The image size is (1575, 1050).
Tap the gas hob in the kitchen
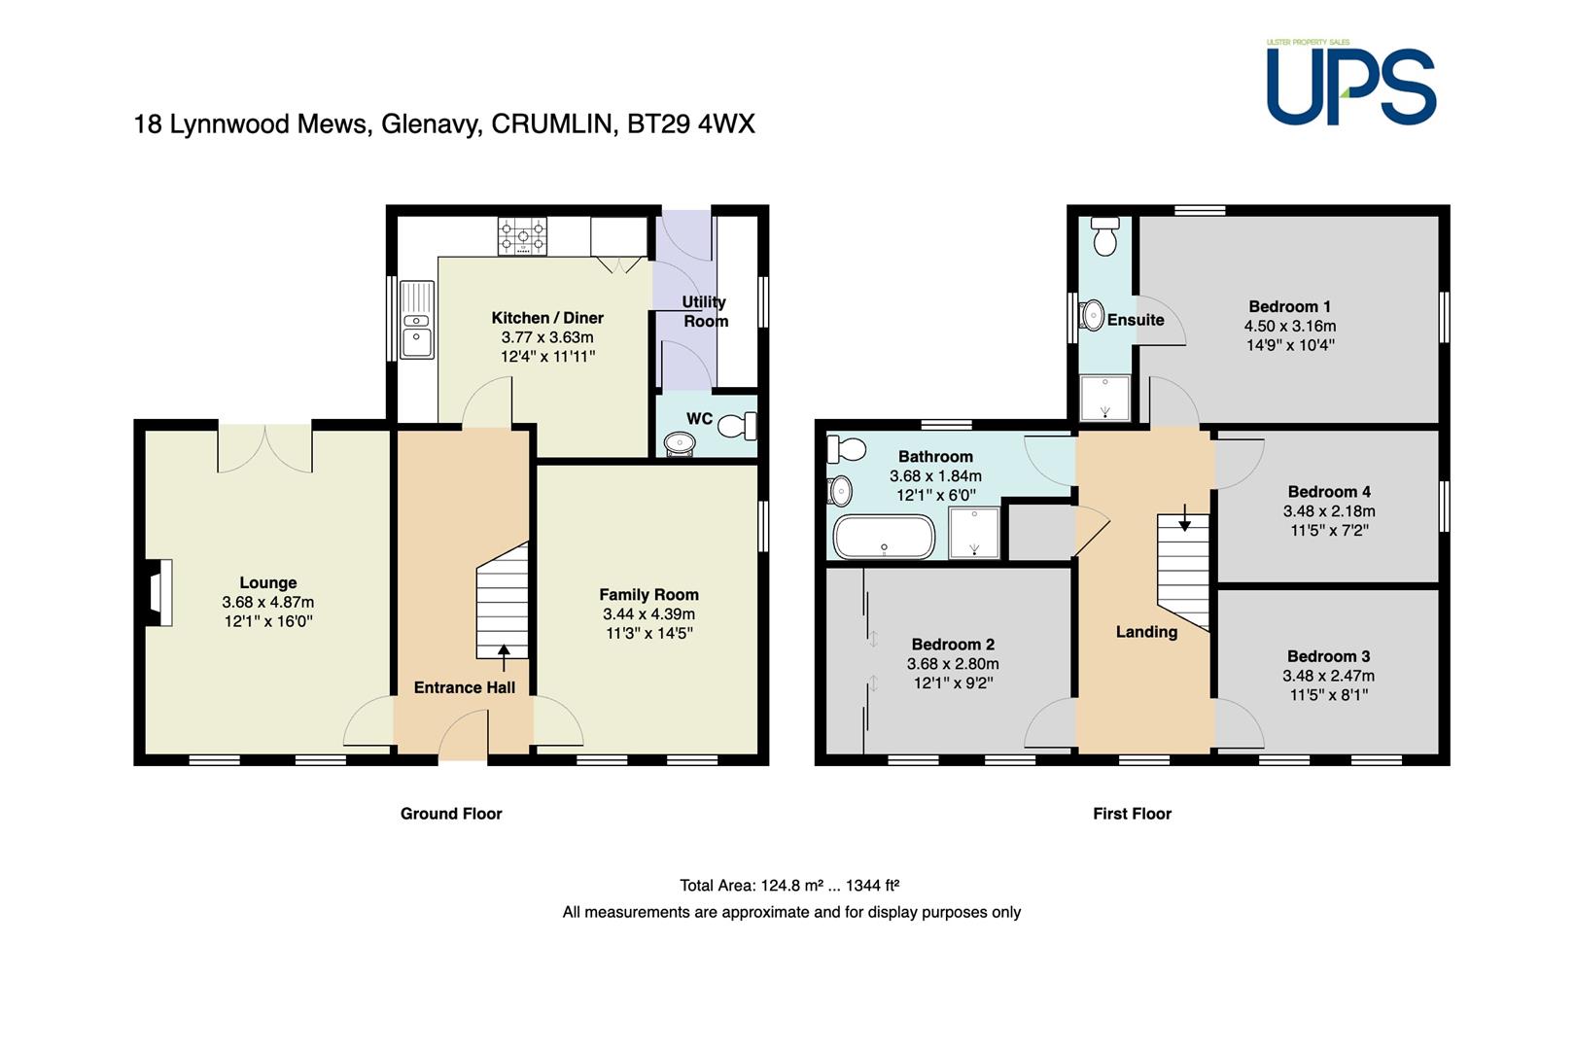click(x=522, y=235)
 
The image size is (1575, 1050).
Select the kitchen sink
click(x=417, y=320)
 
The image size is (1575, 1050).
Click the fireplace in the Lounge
click(x=159, y=592)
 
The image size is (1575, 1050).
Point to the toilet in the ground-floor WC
click(x=737, y=426)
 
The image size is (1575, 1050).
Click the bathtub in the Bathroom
click(x=885, y=538)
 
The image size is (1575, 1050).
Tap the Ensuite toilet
click(x=1104, y=236)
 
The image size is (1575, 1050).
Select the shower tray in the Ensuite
click(x=1104, y=398)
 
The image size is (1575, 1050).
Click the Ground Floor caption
click(x=451, y=814)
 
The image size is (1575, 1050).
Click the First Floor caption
click(x=1132, y=814)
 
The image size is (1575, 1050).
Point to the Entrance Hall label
click(x=465, y=687)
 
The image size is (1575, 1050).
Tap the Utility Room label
click(x=705, y=311)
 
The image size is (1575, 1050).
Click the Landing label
click(x=1147, y=632)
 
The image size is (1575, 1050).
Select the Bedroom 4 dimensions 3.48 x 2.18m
click(x=1329, y=511)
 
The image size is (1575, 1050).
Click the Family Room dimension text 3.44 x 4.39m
click(x=648, y=614)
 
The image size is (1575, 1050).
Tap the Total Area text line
click(x=789, y=885)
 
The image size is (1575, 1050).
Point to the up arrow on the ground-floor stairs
click(x=504, y=657)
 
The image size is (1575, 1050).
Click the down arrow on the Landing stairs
click(x=1185, y=517)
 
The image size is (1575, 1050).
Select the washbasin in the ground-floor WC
click(x=680, y=443)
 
